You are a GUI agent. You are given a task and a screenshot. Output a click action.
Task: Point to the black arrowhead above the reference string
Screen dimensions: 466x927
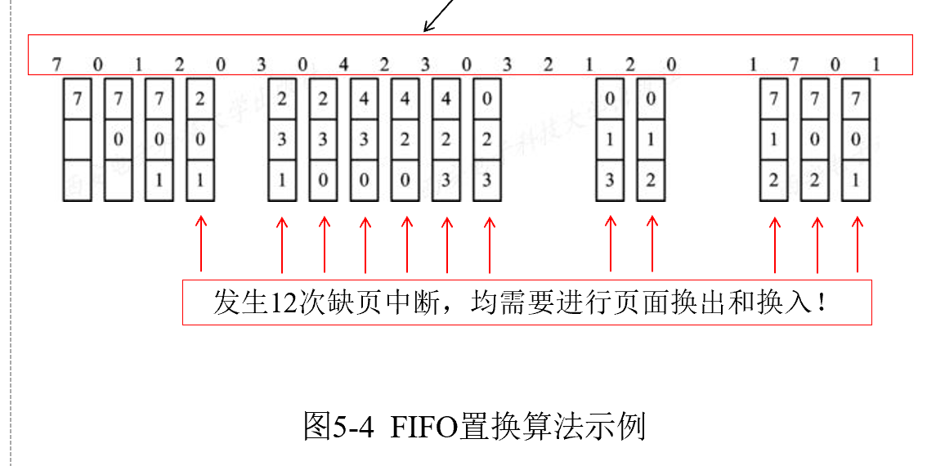(427, 29)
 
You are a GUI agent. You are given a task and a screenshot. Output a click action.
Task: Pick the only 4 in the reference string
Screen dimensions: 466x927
(344, 64)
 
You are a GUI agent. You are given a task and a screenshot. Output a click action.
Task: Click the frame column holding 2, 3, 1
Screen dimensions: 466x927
(282, 139)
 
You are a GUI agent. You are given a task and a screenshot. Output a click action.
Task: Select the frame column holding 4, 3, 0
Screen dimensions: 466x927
(365, 139)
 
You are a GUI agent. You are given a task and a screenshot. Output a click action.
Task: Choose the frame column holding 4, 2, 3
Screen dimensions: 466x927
(446, 139)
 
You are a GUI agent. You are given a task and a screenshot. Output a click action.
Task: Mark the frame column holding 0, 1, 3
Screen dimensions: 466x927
(610, 139)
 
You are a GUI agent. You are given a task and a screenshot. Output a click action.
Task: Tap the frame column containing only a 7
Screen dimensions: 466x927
(78, 139)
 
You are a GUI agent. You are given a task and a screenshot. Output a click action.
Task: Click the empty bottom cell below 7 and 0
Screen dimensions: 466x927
(119, 181)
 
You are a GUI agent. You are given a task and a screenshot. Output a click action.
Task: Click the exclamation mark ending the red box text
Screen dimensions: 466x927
(820, 302)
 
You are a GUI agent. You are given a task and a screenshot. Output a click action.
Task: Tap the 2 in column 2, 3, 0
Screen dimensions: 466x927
(323, 99)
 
